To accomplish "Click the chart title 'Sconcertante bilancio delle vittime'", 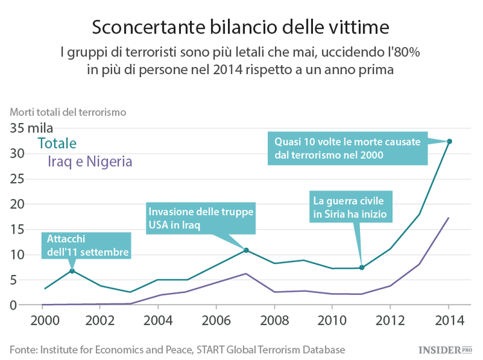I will click(241, 28).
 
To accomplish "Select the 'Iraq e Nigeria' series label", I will click(90, 162).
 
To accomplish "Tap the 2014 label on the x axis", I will click(448, 320).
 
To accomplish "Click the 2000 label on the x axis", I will click(43, 320).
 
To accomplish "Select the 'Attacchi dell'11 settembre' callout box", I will click(87, 245).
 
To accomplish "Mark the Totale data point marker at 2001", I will click(72, 270).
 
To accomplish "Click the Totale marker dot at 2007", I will click(246, 250).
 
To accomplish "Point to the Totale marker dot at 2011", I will click(362, 267).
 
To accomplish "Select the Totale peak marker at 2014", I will click(449, 141).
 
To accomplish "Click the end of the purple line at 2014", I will click(449, 218).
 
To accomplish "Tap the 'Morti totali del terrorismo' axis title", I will click(68, 111).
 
